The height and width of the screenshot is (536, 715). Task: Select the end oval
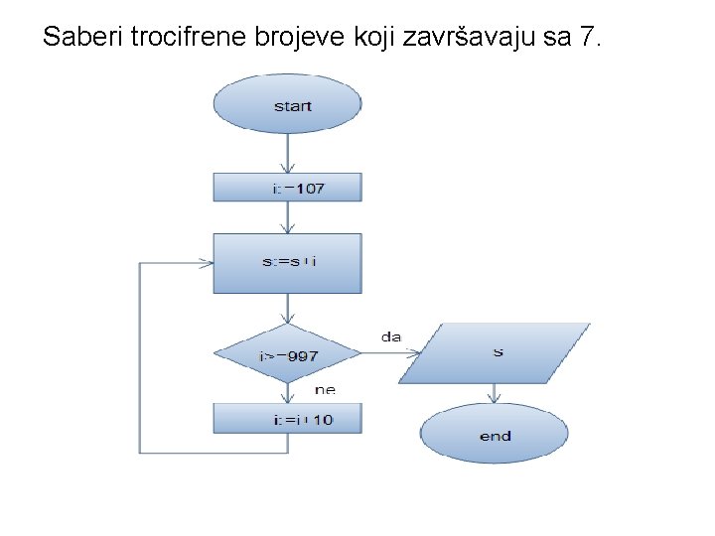click(x=495, y=435)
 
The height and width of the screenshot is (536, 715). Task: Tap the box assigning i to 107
click(x=288, y=188)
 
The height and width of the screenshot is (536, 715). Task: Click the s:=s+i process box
click(x=288, y=263)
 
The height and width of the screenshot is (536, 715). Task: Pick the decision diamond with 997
click(x=288, y=354)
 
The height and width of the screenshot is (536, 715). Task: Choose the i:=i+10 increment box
click(x=288, y=419)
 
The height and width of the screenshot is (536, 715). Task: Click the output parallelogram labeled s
click(x=496, y=353)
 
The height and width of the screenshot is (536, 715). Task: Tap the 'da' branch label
click(x=391, y=337)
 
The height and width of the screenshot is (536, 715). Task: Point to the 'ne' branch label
click(x=325, y=390)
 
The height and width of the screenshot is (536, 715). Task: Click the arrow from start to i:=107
click(x=288, y=154)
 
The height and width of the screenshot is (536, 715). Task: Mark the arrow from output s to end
click(x=495, y=395)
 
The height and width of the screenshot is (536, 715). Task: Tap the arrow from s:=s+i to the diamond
click(x=288, y=309)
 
